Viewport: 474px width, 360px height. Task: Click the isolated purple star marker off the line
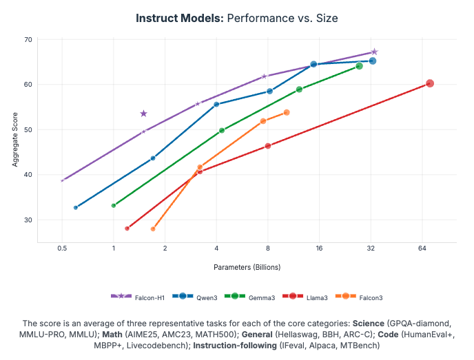tap(143, 114)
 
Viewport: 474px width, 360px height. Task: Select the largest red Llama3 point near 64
tap(430, 83)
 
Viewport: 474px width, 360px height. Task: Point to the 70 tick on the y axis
tap(28, 40)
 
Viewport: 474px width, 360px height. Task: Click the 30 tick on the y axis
tap(28, 220)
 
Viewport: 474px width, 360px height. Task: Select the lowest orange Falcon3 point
tap(153, 229)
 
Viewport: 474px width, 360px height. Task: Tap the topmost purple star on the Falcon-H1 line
tap(374, 52)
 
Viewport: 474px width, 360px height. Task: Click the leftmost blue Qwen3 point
tap(76, 207)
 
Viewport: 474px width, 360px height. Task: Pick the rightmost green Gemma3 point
tap(359, 66)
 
